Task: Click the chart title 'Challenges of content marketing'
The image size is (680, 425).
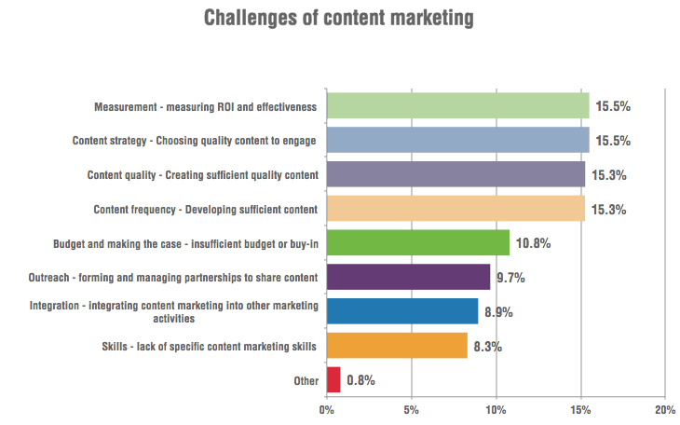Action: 339,18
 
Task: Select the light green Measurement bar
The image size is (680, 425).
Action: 457,106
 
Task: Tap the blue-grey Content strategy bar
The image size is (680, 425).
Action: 457,141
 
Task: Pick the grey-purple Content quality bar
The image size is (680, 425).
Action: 456,174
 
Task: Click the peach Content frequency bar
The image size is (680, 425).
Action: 456,209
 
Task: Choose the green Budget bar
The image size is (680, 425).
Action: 418,243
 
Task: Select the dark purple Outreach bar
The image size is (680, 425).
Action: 408,277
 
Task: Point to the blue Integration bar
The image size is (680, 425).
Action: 401,311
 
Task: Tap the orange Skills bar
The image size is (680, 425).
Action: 397,346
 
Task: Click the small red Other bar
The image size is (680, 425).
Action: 333,379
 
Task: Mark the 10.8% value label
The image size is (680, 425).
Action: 533,243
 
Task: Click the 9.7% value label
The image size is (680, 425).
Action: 511,278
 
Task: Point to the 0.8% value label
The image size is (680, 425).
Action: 361,380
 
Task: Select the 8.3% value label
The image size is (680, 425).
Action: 488,346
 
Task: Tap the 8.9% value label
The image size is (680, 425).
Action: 498,311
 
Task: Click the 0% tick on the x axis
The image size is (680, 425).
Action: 327,408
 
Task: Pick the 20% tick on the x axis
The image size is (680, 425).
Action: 664,408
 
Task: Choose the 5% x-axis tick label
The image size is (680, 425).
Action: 411,408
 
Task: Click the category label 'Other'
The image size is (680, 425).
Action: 306,380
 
